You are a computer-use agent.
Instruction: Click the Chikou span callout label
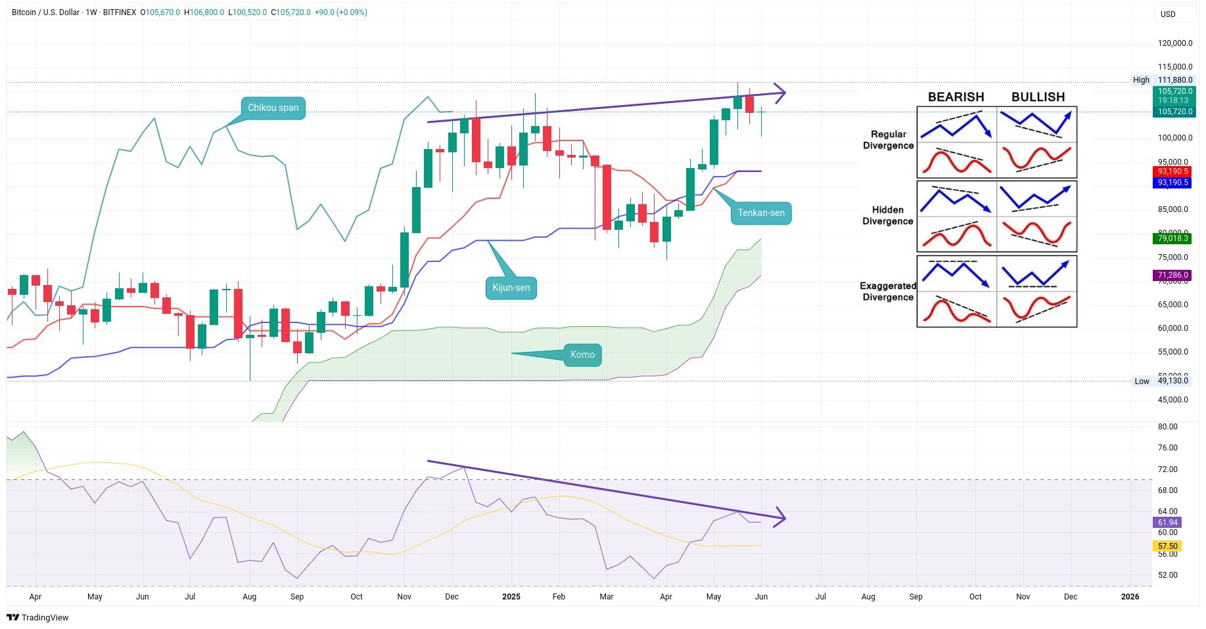click(x=273, y=108)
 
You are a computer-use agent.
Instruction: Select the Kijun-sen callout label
click(x=511, y=288)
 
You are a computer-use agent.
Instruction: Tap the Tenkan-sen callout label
click(x=760, y=213)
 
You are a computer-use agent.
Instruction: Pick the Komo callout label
click(x=582, y=355)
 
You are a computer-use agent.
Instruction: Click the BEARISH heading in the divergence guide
click(x=956, y=97)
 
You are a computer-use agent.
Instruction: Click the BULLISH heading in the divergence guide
click(x=1038, y=97)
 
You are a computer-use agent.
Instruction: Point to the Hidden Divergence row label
click(x=888, y=215)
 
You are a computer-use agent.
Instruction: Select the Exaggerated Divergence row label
click(x=888, y=292)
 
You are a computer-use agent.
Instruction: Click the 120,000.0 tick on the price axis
click(x=1174, y=43)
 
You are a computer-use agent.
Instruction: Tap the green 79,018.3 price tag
click(x=1173, y=239)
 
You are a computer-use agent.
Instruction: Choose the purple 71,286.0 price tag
click(x=1173, y=276)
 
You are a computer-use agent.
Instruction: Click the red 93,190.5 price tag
click(x=1173, y=171)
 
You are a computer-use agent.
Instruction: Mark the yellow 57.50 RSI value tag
click(x=1167, y=546)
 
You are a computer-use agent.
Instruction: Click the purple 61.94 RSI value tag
click(x=1167, y=523)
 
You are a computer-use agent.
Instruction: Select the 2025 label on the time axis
click(x=511, y=597)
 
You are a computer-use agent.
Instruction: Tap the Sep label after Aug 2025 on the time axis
click(x=916, y=597)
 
